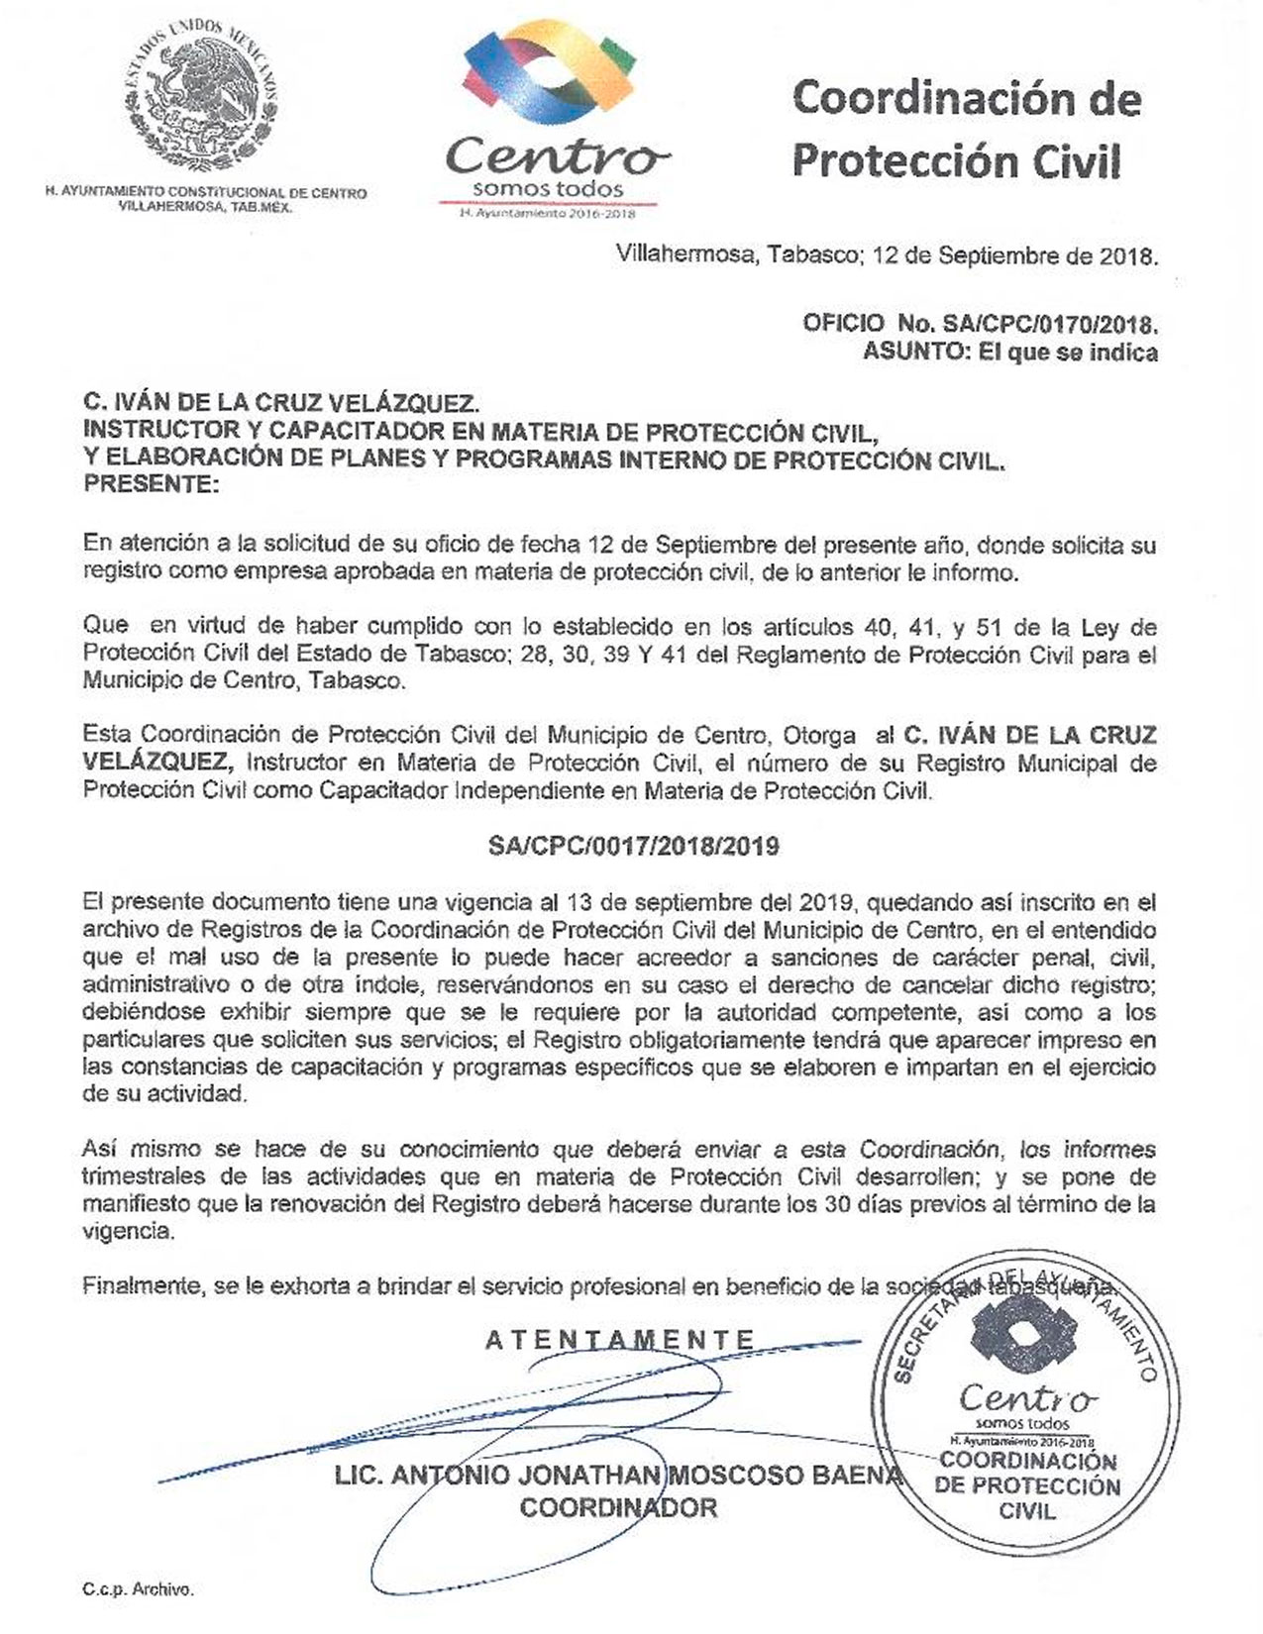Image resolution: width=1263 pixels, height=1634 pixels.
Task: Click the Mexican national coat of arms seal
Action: [x=201, y=97]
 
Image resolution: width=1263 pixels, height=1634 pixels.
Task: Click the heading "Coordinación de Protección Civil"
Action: [x=965, y=129]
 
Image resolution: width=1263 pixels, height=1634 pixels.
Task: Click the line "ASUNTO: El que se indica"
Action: [x=1009, y=352]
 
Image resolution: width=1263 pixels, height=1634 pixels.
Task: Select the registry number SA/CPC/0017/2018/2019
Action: [x=633, y=847]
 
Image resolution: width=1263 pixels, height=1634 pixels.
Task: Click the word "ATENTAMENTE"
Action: [x=620, y=1341]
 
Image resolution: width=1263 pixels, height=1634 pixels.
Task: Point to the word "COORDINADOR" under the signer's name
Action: [x=618, y=1508]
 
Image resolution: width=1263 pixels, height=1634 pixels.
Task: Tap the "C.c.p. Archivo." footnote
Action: [x=138, y=1589]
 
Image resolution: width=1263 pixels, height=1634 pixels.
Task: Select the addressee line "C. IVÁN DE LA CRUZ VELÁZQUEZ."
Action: [x=281, y=402]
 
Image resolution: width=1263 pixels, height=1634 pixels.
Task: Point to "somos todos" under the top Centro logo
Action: [x=548, y=189]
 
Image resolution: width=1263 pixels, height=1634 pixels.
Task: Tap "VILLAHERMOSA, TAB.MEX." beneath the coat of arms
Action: [x=205, y=207]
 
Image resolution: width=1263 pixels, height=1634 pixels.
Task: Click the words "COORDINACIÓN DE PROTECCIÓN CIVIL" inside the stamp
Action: [x=1027, y=1485]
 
